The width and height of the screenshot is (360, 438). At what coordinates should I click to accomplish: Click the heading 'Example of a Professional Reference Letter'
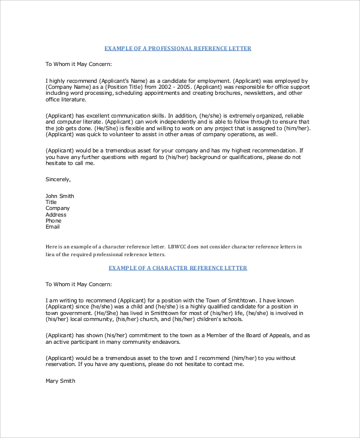[x=178, y=48]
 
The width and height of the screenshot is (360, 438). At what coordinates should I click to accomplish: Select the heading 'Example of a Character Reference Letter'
[x=178, y=268]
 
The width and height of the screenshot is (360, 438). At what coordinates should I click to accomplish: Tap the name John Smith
[x=60, y=196]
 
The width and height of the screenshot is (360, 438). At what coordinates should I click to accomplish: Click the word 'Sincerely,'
[x=58, y=179]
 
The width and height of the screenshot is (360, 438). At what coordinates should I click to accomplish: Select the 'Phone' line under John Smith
[x=54, y=221]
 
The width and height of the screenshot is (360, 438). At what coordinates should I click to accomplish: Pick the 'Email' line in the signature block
[x=53, y=227]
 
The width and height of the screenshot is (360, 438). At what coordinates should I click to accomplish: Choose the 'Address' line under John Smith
[x=56, y=215]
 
